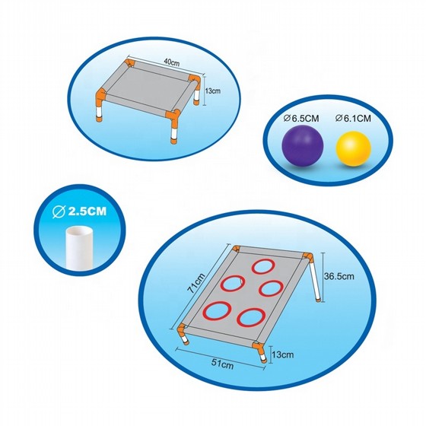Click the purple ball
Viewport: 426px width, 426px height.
click(x=303, y=146)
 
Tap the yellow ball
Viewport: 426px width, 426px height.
click(x=354, y=148)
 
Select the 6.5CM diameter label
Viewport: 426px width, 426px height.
click(x=301, y=119)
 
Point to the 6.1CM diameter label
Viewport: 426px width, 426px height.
click(x=353, y=119)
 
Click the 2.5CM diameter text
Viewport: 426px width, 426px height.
click(x=79, y=211)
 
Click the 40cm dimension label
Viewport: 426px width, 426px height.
click(x=172, y=62)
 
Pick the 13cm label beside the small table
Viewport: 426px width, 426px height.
click(x=212, y=91)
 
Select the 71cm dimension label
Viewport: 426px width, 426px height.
click(x=197, y=283)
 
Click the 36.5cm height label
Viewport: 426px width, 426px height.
click(x=339, y=276)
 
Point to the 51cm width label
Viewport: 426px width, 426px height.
click(x=222, y=364)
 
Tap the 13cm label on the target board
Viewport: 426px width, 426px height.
click(x=282, y=354)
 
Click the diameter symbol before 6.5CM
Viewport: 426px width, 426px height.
click(x=286, y=119)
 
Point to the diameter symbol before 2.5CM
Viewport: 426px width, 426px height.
click(x=59, y=212)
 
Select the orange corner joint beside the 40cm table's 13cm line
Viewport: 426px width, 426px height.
click(x=195, y=79)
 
